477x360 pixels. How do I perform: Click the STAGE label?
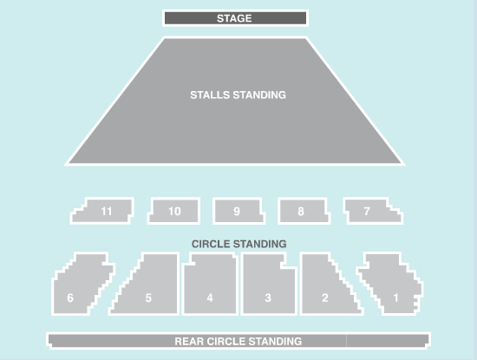click(x=234, y=18)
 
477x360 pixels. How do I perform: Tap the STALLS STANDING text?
click(x=238, y=95)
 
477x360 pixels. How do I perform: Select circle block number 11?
click(x=102, y=211)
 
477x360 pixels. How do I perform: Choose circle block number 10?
click(x=173, y=211)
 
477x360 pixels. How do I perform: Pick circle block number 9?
click(x=238, y=211)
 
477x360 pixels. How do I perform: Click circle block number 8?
click(x=304, y=211)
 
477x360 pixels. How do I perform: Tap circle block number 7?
click(x=373, y=211)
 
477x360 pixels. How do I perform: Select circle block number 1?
click(x=391, y=283)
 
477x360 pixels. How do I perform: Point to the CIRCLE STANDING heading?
click(x=238, y=244)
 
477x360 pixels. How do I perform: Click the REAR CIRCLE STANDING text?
click(x=238, y=342)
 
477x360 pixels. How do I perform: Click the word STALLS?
click(x=210, y=95)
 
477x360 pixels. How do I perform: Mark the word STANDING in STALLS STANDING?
click(x=259, y=95)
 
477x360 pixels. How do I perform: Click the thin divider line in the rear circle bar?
click(x=346, y=341)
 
